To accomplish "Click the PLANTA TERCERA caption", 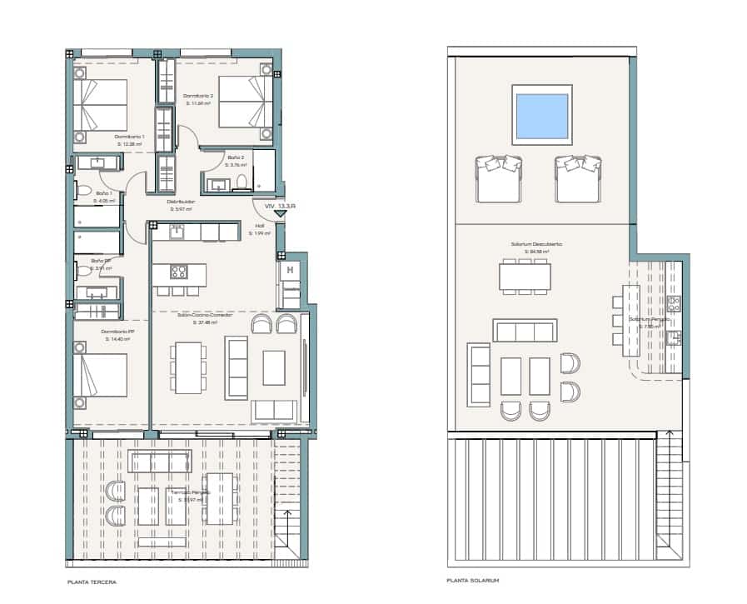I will (92, 582).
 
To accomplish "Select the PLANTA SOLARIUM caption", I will (473, 582).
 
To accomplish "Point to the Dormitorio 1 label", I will (129, 136).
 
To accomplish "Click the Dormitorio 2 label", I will (198, 96).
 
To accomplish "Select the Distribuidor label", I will (181, 202).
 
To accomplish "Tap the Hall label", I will (259, 225).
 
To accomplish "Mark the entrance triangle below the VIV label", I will (280, 214).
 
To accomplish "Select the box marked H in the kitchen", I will (290, 270).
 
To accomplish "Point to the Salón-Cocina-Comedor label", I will (204, 315).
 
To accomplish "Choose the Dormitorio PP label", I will (120, 331).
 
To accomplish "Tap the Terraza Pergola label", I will (191, 492).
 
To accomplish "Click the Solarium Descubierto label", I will (536, 244).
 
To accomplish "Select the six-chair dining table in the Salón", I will (189, 367).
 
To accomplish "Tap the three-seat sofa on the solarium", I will (525, 331).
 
